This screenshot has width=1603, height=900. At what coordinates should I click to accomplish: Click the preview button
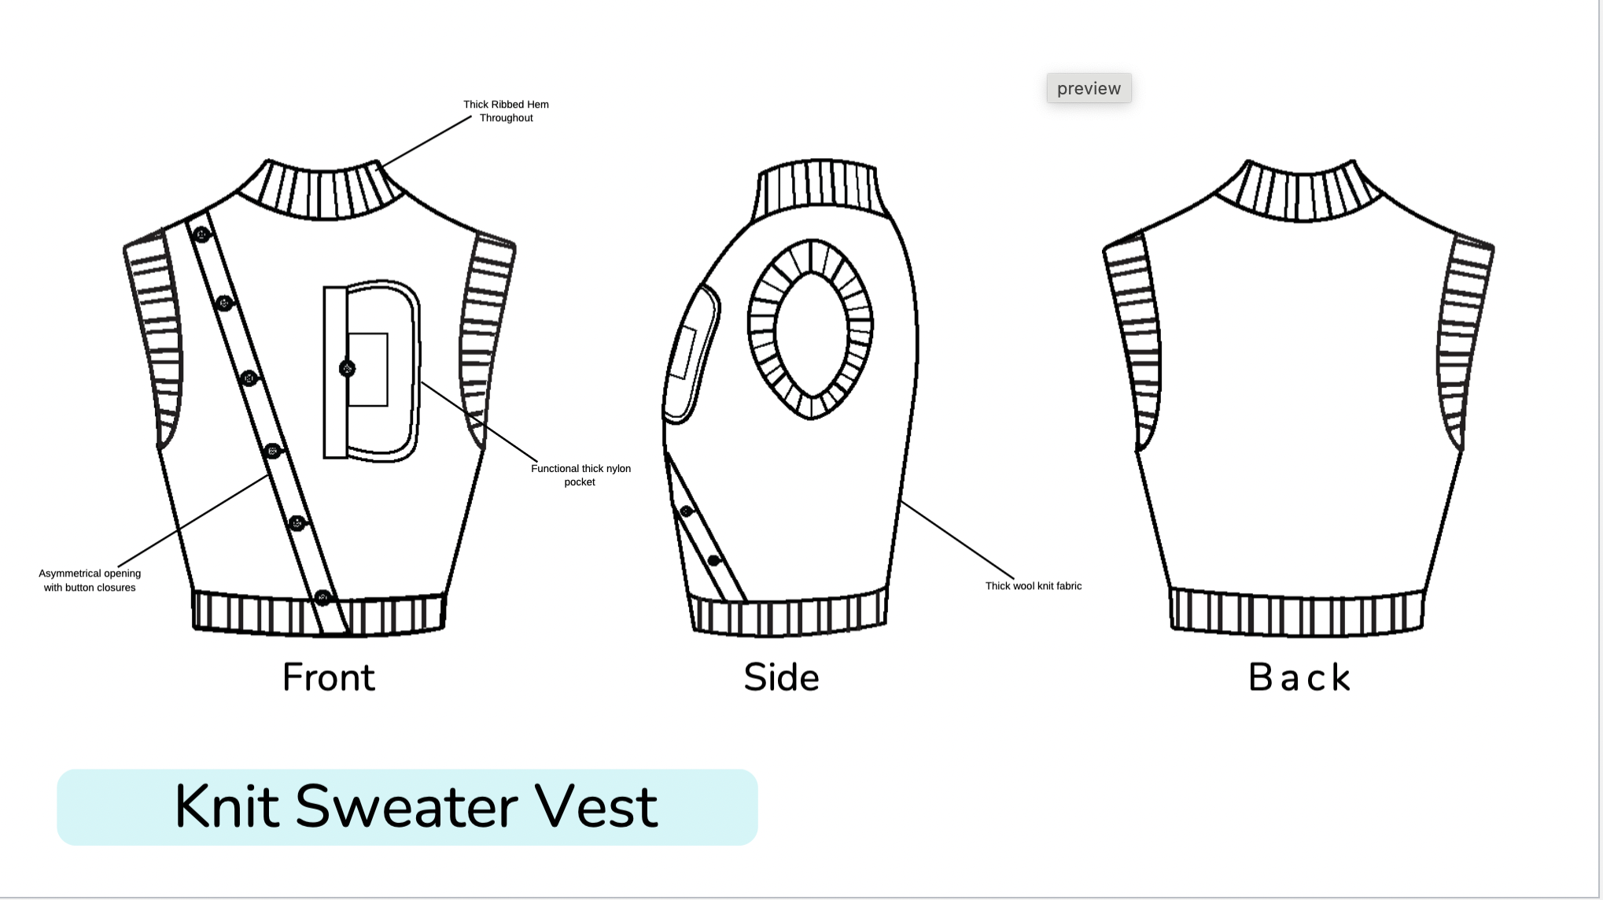pos(1089,88)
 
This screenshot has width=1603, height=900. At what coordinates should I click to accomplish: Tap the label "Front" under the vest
pos(329,677)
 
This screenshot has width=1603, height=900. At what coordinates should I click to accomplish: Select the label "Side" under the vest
pos(781,677)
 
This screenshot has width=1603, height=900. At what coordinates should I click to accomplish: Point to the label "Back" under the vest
pos(1299,677)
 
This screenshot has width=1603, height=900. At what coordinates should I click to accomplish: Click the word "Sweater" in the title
pos(407,806)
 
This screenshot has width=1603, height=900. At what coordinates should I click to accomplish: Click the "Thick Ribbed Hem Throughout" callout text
pos(506,111)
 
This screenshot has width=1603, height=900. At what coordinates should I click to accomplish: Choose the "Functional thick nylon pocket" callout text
pos(580,475)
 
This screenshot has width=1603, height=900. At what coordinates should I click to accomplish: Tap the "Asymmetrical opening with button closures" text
pos(90,581)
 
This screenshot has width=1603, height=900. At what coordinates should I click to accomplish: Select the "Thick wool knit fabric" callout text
pos(1033,586)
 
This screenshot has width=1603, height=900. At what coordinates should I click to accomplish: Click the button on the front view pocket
pos(347,368)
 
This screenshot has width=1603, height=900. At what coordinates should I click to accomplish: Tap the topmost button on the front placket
pos(202,234)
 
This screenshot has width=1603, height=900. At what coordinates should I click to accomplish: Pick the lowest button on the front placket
pos(322,598)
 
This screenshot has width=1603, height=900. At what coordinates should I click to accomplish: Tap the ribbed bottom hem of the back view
pos(1297,611)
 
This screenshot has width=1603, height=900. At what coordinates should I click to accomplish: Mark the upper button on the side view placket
pos(687,511)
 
